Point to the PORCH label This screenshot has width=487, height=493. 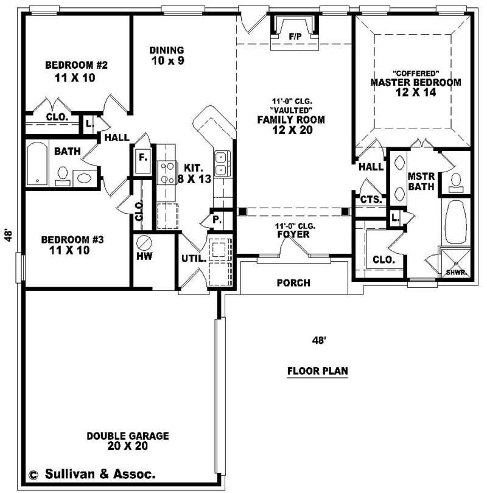point(293,283)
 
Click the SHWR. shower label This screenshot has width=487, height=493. point(456,273)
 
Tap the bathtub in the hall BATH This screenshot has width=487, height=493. point(37,163)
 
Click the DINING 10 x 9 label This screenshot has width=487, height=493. point(167,55)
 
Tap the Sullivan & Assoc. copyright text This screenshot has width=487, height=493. point(91,473)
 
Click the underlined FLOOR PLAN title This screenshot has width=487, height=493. point(317,370)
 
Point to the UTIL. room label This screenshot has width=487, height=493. point(191,258)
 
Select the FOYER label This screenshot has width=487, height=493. point(294,233)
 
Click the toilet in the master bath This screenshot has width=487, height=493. point(455,180)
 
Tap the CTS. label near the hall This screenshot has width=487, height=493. point(371,199)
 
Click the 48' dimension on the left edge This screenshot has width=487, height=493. point(9,234)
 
